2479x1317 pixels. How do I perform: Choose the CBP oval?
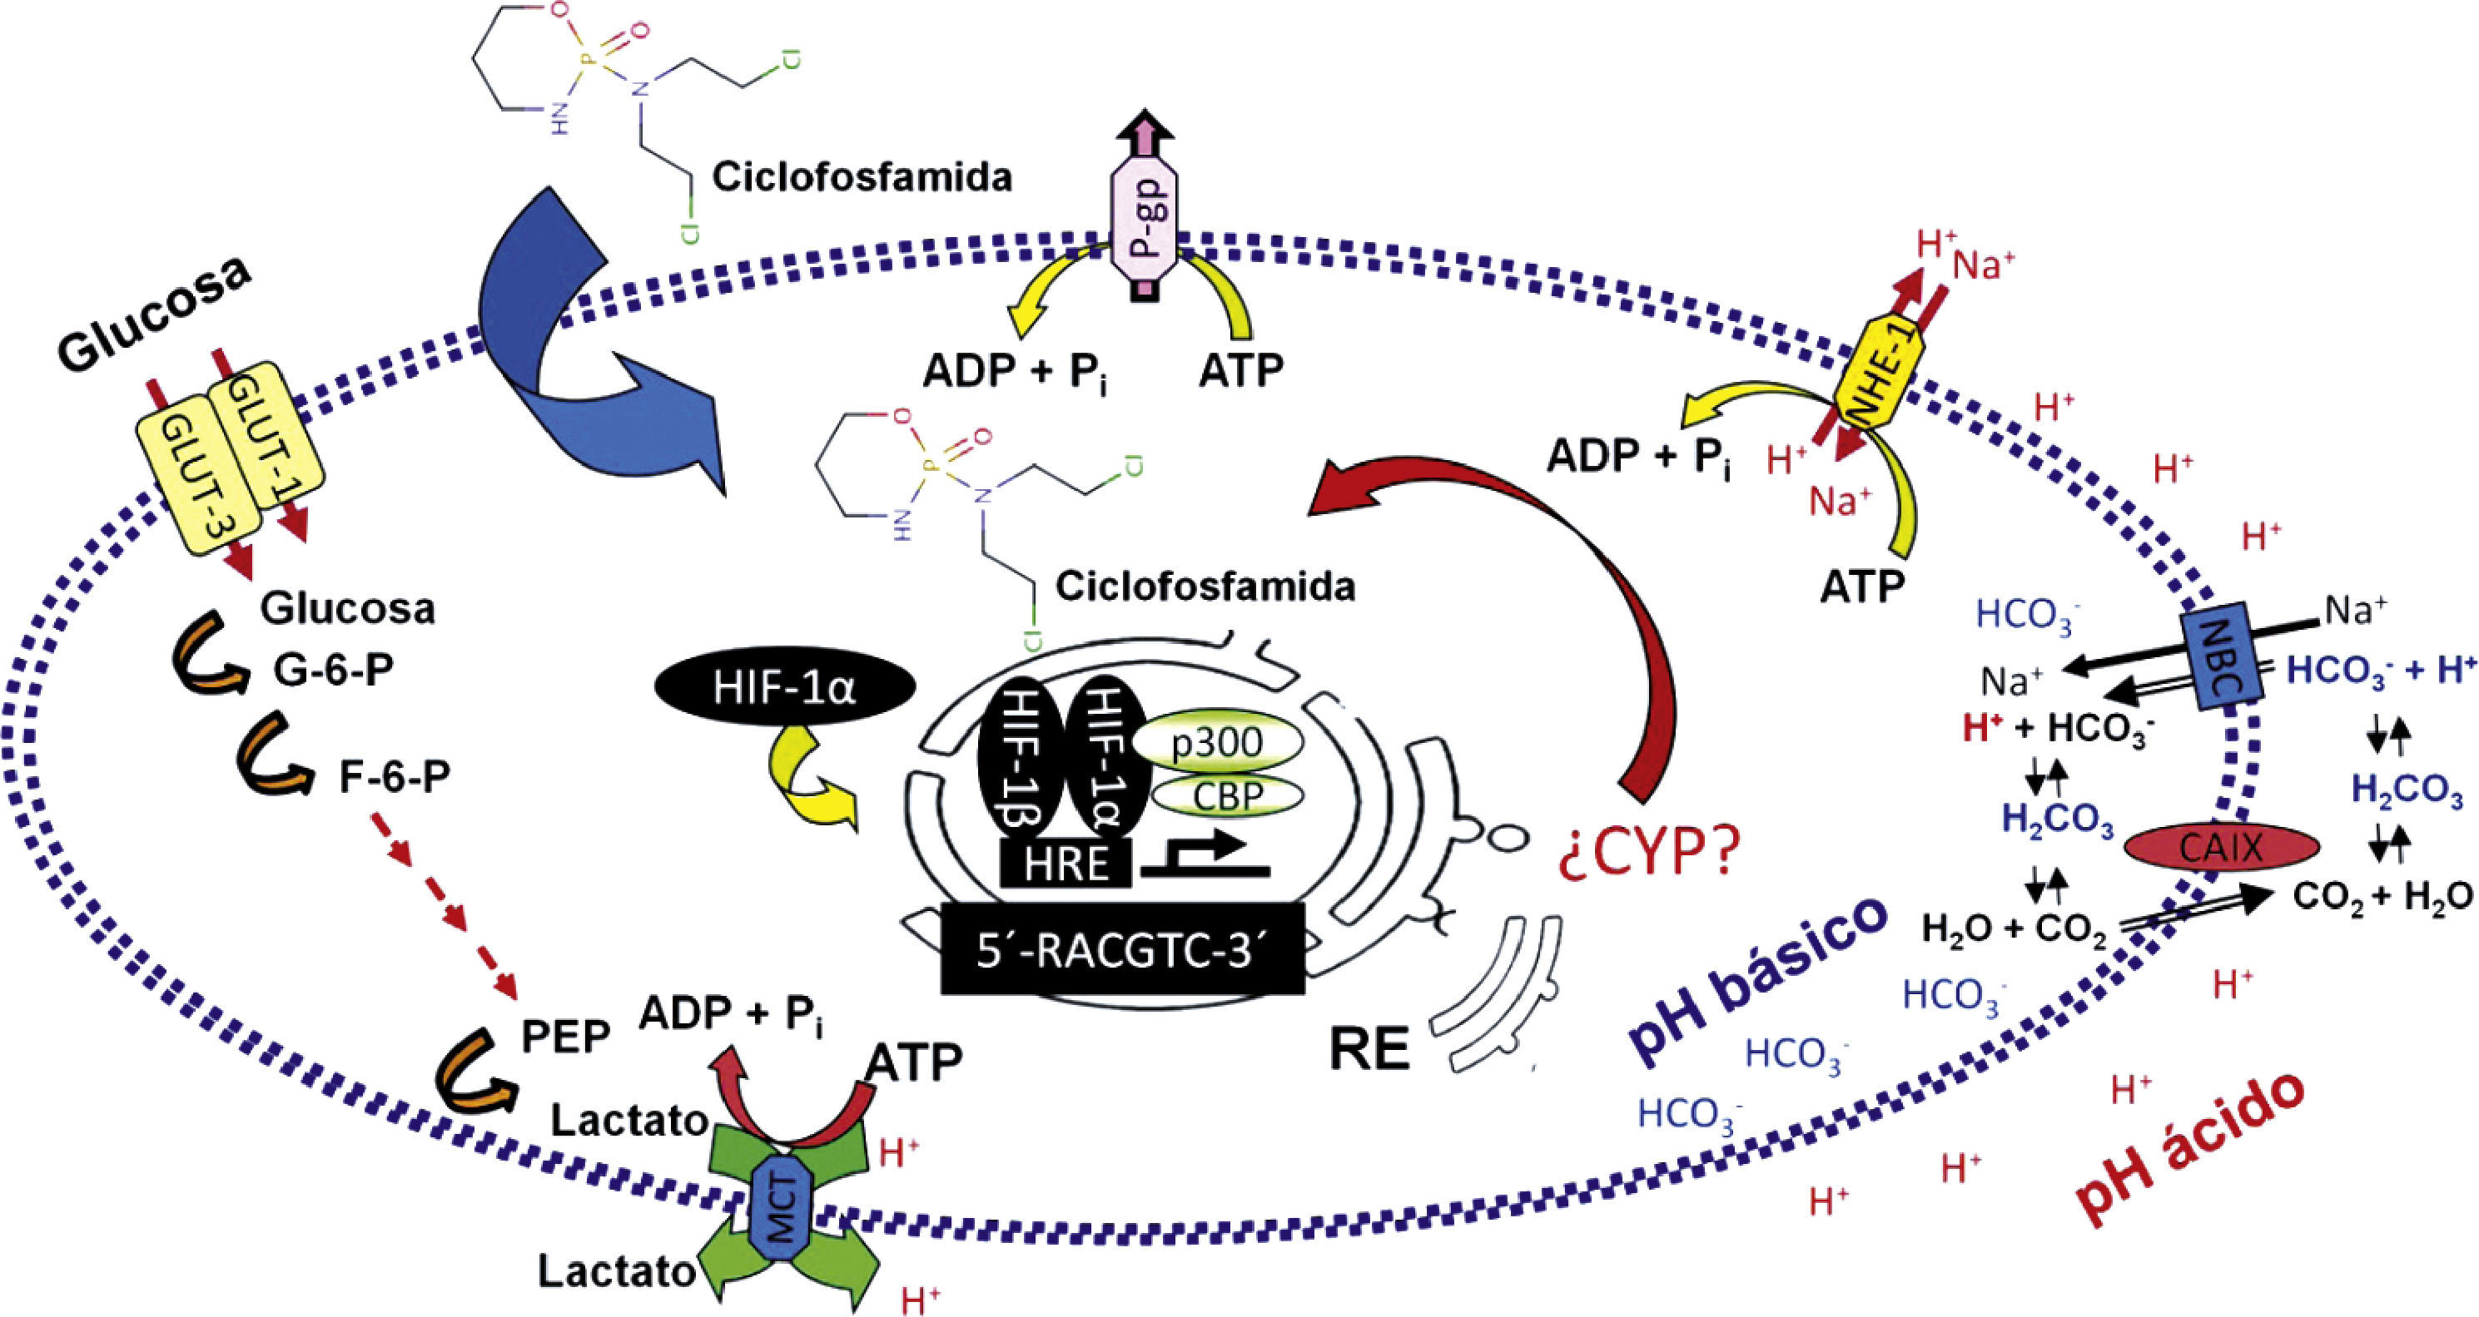(x=1227, y=795)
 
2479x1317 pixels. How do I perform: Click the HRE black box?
(x=1066, y=863)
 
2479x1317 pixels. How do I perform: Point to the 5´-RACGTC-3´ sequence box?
(x=1122, y=948)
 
